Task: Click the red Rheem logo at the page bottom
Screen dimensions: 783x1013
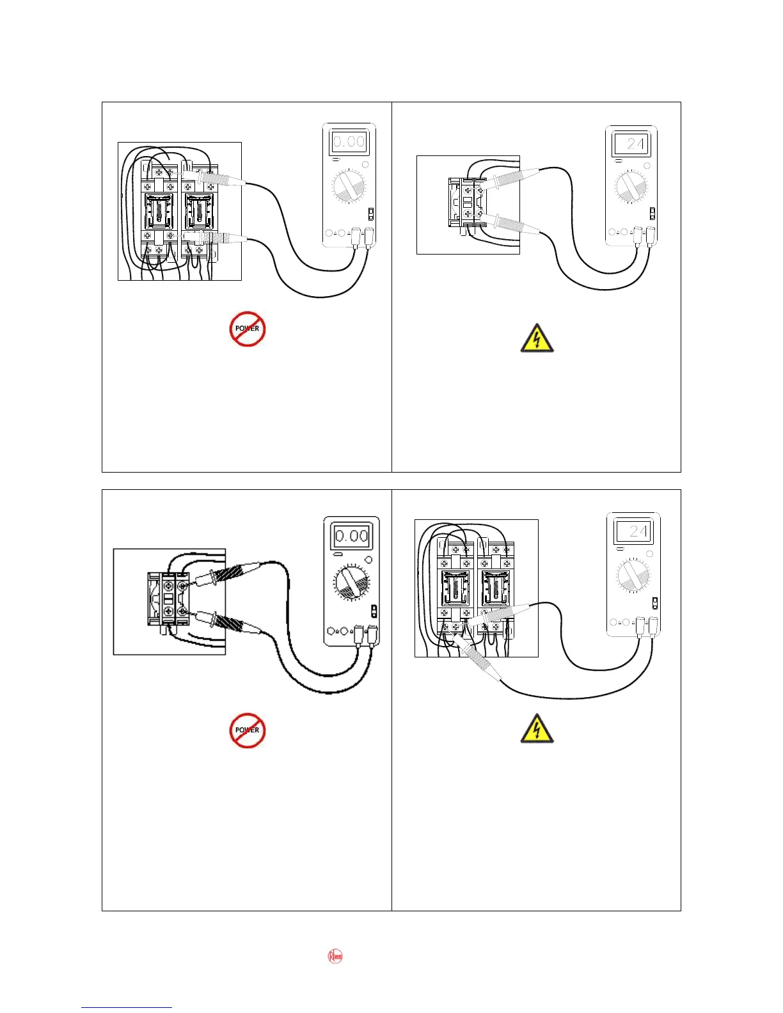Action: point(335,957)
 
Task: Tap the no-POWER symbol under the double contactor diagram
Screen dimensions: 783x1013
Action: point(248,329)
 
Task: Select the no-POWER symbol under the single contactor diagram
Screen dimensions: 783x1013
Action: point(248,730)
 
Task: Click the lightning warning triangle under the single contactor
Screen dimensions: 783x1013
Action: point(537,339)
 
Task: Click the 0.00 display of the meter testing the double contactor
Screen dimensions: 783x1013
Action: point(349,141)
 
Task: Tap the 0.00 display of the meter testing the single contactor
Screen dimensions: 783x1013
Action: point(351,535)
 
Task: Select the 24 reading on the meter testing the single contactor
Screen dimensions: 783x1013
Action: point(631,143)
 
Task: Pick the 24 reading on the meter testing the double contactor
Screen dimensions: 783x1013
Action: point(633,531)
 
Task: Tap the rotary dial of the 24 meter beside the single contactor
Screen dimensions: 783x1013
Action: point(631,187)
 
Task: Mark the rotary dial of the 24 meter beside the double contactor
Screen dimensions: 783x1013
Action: point(633,574)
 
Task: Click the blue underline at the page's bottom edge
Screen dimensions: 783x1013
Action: point(126,1007)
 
